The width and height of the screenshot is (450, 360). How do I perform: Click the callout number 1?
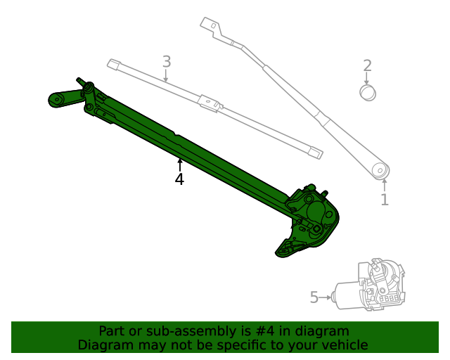click(x=385, y=200)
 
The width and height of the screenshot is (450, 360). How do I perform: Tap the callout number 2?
click(x=367, y=66)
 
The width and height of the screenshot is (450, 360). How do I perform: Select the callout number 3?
click(x=166, y=61)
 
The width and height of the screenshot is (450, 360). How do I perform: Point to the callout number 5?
click(x=314, y=297)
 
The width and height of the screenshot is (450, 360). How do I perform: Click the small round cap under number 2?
click(x=367, y=93)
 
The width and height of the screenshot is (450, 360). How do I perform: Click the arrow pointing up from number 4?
click(x=179, y=165)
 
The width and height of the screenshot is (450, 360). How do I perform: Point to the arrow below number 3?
click(x=166, y=76)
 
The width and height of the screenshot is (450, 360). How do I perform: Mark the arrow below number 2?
click(x=367, y=79)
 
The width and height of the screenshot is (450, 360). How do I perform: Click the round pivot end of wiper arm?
click(x=381, y=170)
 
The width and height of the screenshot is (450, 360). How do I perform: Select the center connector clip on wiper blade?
click(x=210, y=103)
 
